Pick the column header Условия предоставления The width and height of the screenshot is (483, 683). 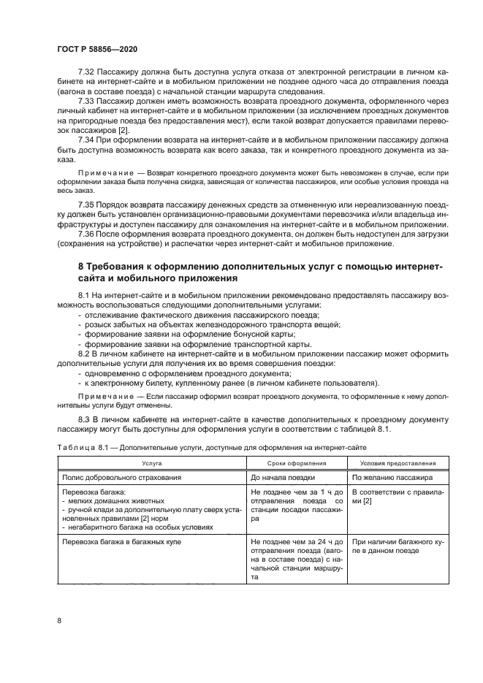pos(395,463)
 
